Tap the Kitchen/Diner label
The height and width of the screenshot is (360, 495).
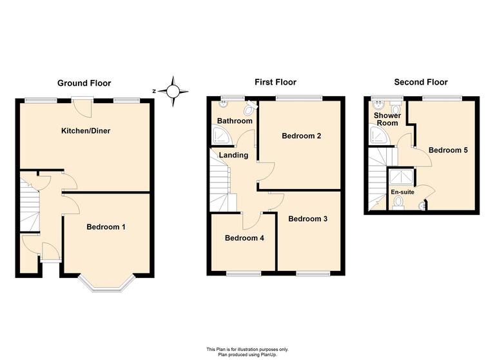[x=86, y=131]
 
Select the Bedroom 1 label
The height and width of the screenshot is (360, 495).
[x=106, y=226]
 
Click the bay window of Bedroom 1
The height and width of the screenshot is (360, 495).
[x=106, y=283]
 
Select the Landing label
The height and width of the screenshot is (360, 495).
[x=233, y=155]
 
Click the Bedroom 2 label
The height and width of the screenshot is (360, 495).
[x=301, y=136]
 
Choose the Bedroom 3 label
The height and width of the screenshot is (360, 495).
[x=307, y=219]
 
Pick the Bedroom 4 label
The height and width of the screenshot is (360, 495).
[x=244, y=238]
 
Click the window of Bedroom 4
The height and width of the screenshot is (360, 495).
[x=244, y=274]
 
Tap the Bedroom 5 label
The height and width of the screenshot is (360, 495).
[x=448, y=150]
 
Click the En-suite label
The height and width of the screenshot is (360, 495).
[x=402, y=192]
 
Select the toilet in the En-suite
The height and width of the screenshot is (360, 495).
[x=398, y=203]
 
